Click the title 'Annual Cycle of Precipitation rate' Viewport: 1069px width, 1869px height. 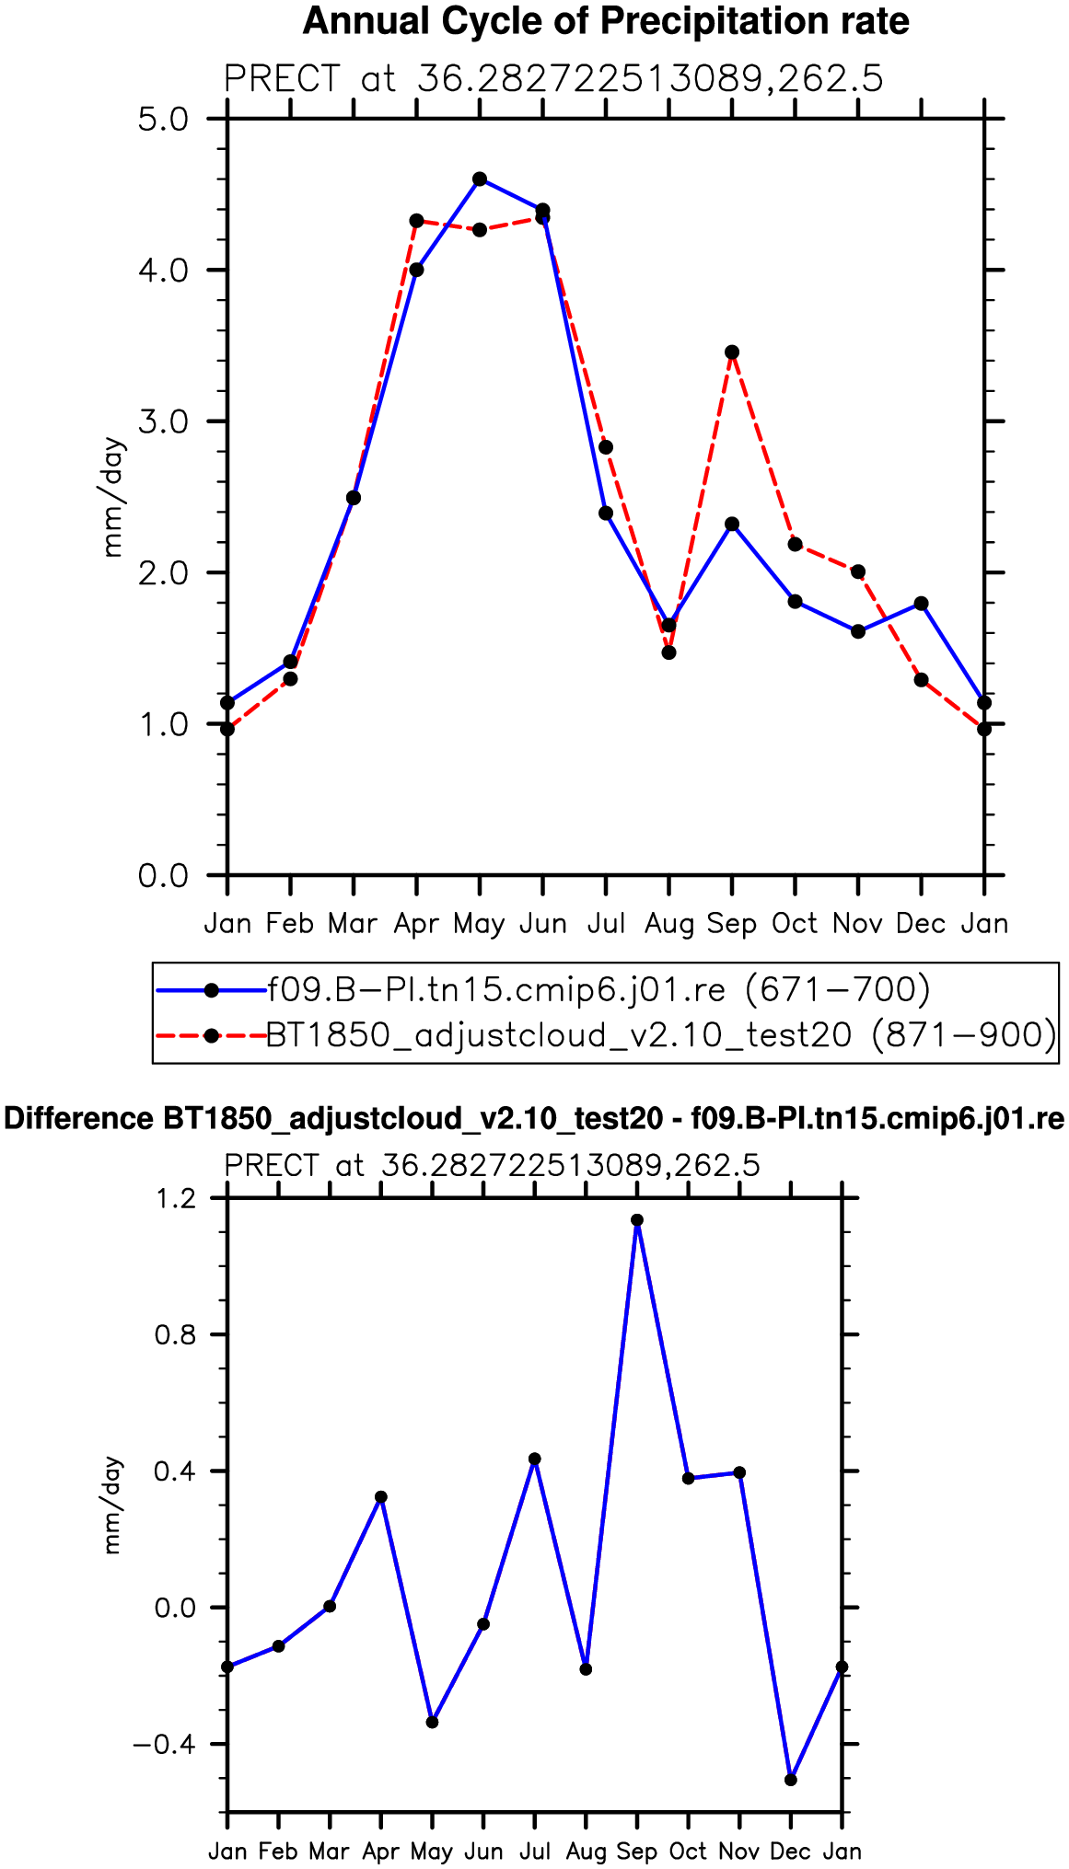pyautogui.click(x=605, y=20)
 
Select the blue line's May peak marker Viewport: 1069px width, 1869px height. pyautogui.click(x=480, y=179)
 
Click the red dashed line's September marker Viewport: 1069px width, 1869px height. pyautogui.click(x=732, y=352)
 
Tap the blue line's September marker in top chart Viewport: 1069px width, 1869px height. pyautogui.click(x=732, y=525)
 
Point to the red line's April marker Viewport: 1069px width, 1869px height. pyautogui.click(x=416, y=221)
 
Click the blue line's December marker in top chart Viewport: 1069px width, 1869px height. pyautogui.click(x=921, y=604)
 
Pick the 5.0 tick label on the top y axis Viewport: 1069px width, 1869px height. pyautogui.click(x=163, y=120)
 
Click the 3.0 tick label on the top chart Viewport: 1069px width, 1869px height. pyautogui.click(x=163, y=422)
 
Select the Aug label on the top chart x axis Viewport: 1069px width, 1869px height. pyautogui.click(x=669, y=924)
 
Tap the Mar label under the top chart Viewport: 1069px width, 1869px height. pyautogui.click(x=354, y=924)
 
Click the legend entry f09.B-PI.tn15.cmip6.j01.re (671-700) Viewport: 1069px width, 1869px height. pyautogui.click(x=598, y=990)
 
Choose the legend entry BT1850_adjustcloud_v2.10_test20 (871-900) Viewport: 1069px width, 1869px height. pyautogui.click(x=661, y=1035)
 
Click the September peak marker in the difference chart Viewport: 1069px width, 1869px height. pyautogui.click(x=637, y=1220)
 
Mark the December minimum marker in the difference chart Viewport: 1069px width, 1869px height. pyautogui.click(x=791, y=1780)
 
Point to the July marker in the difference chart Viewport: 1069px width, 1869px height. pyautogui.click(x=535, y=1459)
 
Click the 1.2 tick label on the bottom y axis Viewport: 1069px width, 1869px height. pyautogui.click(x=176, y=1199)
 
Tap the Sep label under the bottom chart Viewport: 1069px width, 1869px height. pyautogui.click(x=637, y=1852)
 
